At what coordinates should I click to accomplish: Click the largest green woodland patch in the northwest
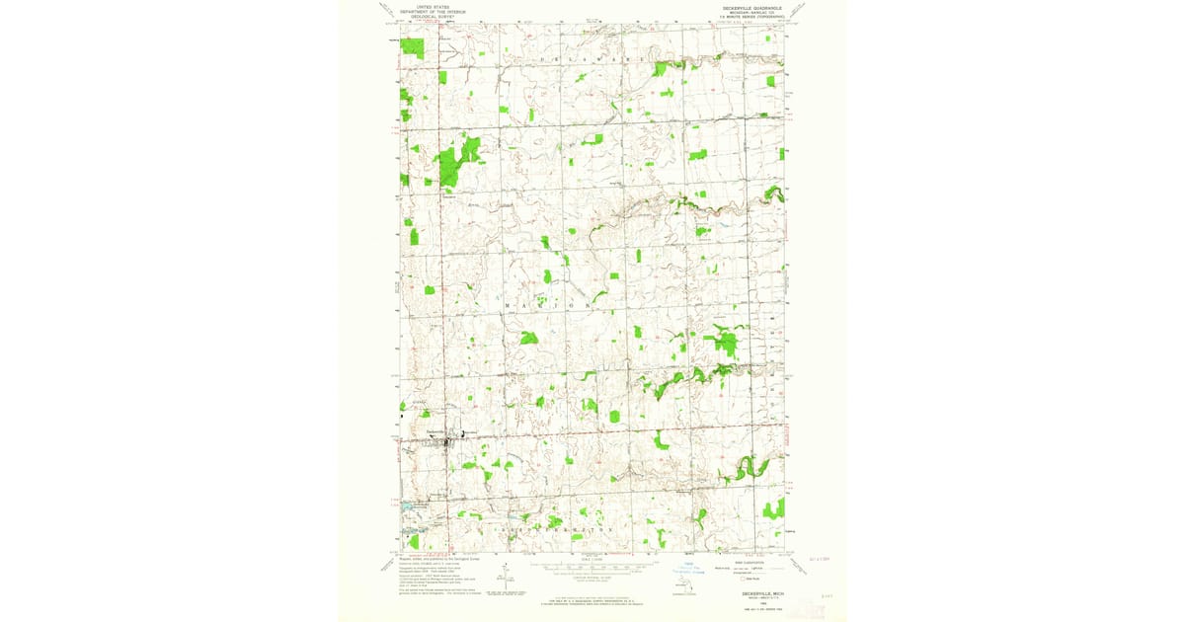(x=456, y=162)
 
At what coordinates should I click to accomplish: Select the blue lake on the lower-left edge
(x=407, y=506)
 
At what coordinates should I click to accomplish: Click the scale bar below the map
(x=592, y=569)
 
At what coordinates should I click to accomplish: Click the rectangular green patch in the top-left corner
(x=412, y=47)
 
